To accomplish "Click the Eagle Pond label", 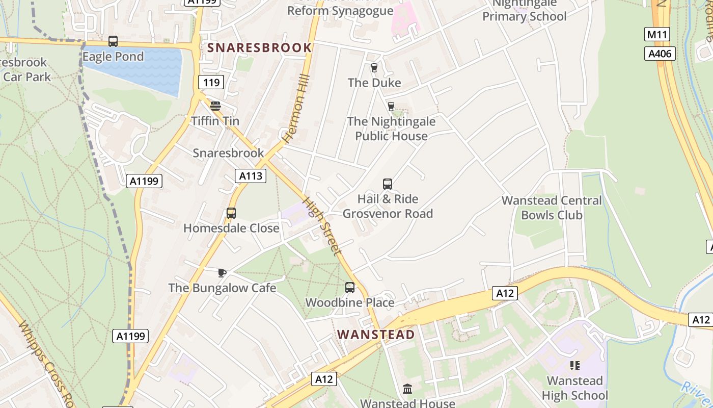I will [x=113, y=57].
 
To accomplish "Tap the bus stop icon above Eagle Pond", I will [x=113, y=41].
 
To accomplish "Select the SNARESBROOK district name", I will [x=259, y=48].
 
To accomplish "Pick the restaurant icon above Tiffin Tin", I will [x=215, y=106].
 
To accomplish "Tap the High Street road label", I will [x=322, y=226].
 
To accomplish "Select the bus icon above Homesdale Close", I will [x=231, y=213].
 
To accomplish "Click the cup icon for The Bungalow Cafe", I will [x=222, y=273].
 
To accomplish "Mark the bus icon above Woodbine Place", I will [x=350, y=288].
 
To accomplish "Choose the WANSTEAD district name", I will [x=376, y=335].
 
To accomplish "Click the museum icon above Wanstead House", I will [x=407, y=389].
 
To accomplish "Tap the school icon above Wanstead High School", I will [x=575, y=366].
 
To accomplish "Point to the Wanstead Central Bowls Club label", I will [x=552, y=208].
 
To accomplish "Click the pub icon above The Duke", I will [x=374, y=68].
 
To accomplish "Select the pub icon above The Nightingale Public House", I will [x=391, y=106].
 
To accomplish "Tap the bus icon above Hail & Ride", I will [x=388, y=184].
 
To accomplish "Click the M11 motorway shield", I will [x=657, y=35].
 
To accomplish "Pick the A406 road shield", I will [x=660, y=54].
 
